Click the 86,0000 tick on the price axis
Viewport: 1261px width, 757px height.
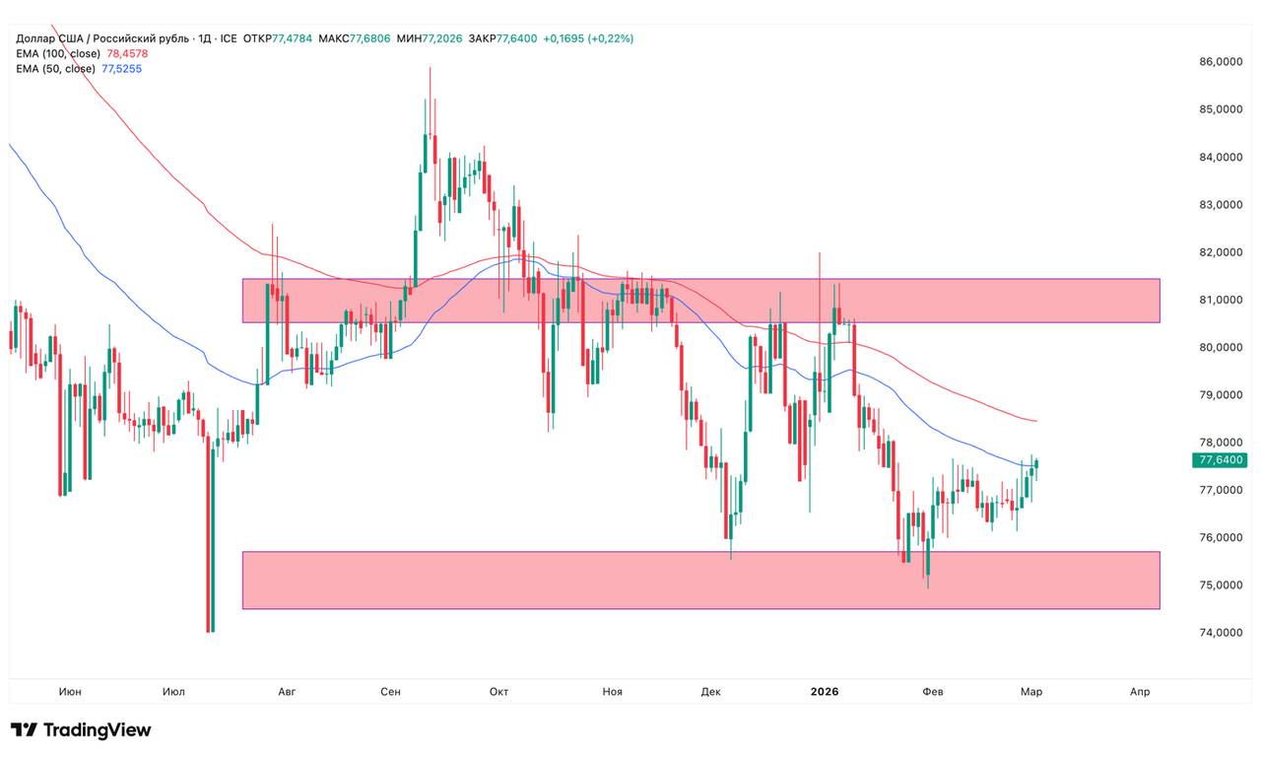pyautogui.click(x=1219, y=61)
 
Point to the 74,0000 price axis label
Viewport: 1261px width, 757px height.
pyautogui.click(x=1219, y=633)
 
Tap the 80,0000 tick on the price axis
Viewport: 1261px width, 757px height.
pyautogui.click(x=1219, y=347)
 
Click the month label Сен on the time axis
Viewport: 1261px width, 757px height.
pyautogui.click(x=390, y=692)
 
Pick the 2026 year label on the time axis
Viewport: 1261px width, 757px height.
pyautogui.click(x=825, y=692)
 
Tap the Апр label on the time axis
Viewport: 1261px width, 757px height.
pyautogui.click(x=1139, y=692)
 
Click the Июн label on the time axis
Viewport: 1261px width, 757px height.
pyautogui.click(x=70, y=692)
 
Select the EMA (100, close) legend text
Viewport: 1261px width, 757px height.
pyautogui.click(x=58, y=53)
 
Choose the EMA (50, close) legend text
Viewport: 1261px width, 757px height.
pyautogui.click(x=55, y=69)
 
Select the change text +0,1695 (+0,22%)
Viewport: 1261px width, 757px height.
pyautogui.click(x=588, y=38)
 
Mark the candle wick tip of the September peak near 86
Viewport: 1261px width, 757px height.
pyautogui.click(x=430, y=67)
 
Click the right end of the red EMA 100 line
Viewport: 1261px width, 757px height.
pyautogui.click(x=1035, y=421)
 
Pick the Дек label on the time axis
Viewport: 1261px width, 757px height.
pyautogui.click(x=711, y=692)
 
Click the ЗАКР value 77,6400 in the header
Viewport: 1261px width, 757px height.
pyautogui.click(x=516, y=38)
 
